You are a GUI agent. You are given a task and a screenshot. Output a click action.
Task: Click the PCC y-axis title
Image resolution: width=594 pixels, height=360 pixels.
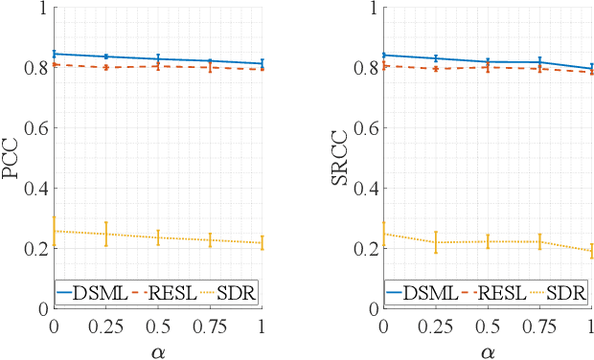[12, 158]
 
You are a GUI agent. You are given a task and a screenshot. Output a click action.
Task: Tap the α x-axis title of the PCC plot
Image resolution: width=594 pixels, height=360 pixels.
[158, 350]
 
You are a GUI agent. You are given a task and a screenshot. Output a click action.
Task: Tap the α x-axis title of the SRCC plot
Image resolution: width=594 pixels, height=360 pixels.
[488, 350]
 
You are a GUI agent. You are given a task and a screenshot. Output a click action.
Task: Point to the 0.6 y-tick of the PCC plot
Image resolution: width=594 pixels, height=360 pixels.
[35, 128]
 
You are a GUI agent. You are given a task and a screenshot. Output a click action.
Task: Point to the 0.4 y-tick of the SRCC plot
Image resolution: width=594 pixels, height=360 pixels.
[365, 189]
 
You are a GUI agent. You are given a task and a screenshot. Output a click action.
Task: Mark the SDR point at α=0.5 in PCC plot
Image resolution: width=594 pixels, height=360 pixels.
[158, 237]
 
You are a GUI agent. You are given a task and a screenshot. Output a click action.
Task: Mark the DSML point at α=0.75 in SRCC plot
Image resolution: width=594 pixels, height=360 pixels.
[540, 62]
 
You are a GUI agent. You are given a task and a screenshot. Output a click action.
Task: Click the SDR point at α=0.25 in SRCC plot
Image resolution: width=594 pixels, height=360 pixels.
[436, 242]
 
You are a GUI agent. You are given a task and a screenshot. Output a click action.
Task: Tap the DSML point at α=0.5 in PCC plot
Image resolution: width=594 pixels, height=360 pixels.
[158, 59]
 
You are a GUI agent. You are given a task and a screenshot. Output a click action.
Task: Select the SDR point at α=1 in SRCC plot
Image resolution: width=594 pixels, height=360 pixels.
[592, 251]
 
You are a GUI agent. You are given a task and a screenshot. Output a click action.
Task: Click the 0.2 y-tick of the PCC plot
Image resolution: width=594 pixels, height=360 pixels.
[35, 248]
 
